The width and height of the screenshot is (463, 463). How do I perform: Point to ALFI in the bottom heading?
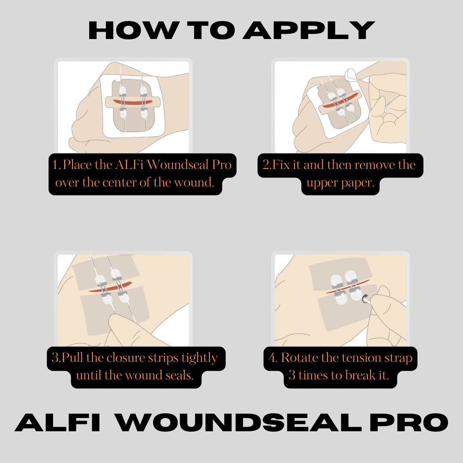click(x=57, y=422)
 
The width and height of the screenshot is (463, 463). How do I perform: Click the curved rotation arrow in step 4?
click(x=365, y=298)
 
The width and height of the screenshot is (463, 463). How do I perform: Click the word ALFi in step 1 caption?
click(x=129, y=165)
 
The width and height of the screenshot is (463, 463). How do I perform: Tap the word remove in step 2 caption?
click(x=375, y=165)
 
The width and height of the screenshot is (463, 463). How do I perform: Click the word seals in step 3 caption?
click(x=179, y=375)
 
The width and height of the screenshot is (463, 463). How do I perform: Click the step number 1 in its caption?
click(x=55, y=165)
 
